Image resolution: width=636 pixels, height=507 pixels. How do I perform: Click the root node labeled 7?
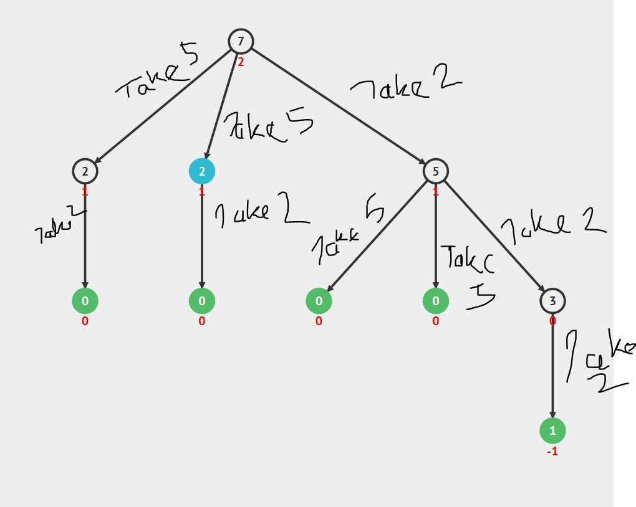point(241,42)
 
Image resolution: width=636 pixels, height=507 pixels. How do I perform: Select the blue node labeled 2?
point(202,171)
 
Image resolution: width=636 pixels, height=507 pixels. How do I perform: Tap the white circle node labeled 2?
point(85,171)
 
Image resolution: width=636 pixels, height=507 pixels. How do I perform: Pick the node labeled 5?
point(435,171)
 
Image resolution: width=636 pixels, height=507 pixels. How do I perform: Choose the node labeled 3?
point(552,301)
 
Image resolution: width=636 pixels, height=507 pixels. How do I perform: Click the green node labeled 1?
point(552,430)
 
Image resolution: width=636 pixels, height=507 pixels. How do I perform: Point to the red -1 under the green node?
point(552,452)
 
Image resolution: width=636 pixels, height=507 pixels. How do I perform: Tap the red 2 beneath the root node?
point(241,62)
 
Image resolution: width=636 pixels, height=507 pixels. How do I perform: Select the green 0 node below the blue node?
point(202,301)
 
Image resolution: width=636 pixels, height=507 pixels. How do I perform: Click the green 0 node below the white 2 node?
point(85,301)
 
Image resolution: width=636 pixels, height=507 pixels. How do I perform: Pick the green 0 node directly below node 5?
point(435,301)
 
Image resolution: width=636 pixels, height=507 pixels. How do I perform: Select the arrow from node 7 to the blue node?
point(221,107)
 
